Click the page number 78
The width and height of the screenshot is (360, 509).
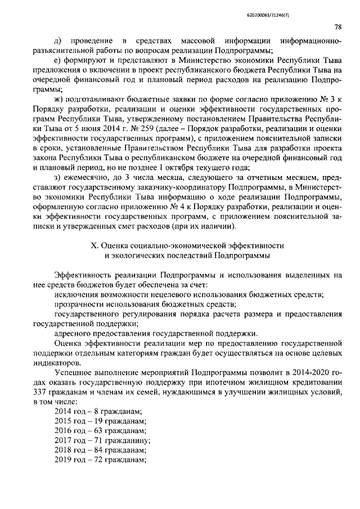click(x=337, y=26)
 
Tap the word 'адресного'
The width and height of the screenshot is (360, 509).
click(x=71, y=334)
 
